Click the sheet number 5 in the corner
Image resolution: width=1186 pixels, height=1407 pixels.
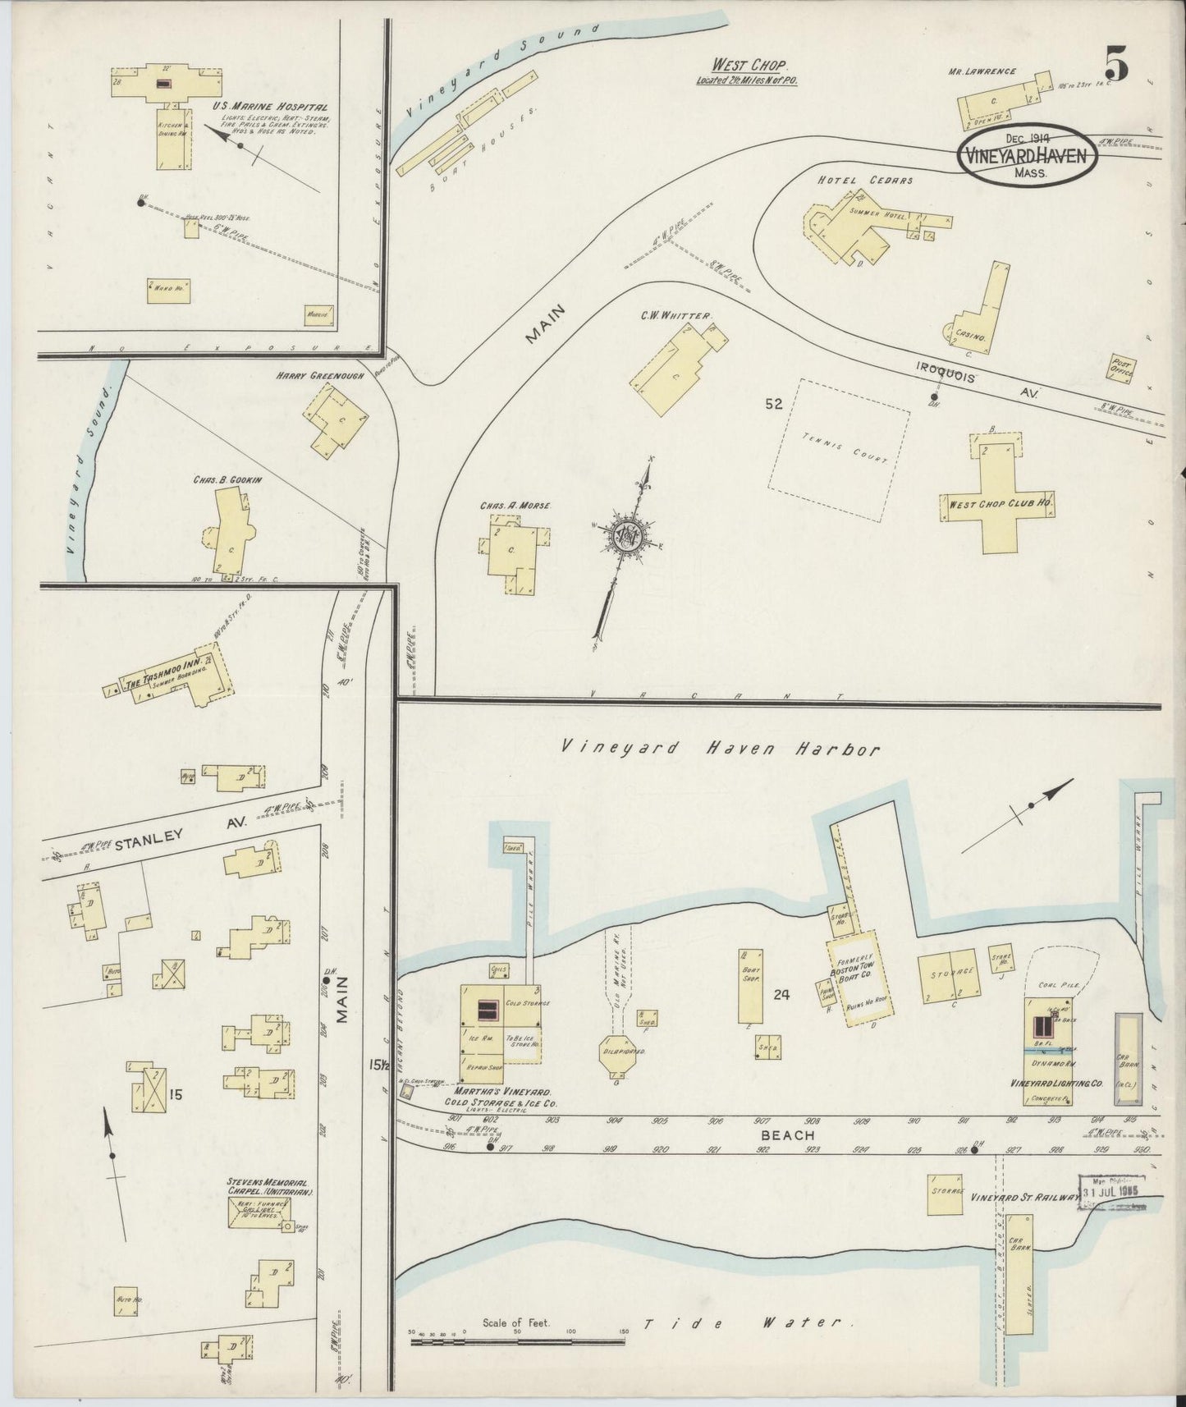click(1115, 63)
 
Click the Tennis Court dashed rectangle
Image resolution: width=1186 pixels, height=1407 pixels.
click(839, 450)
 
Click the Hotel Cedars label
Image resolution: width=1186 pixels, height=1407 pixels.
click(865, 181)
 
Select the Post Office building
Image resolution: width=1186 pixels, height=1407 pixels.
click(1122, 369)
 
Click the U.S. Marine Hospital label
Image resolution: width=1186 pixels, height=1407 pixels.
click(269, 107)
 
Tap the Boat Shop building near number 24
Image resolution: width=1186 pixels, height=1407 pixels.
click(750, 985)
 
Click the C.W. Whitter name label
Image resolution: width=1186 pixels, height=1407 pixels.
click(677, 315)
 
